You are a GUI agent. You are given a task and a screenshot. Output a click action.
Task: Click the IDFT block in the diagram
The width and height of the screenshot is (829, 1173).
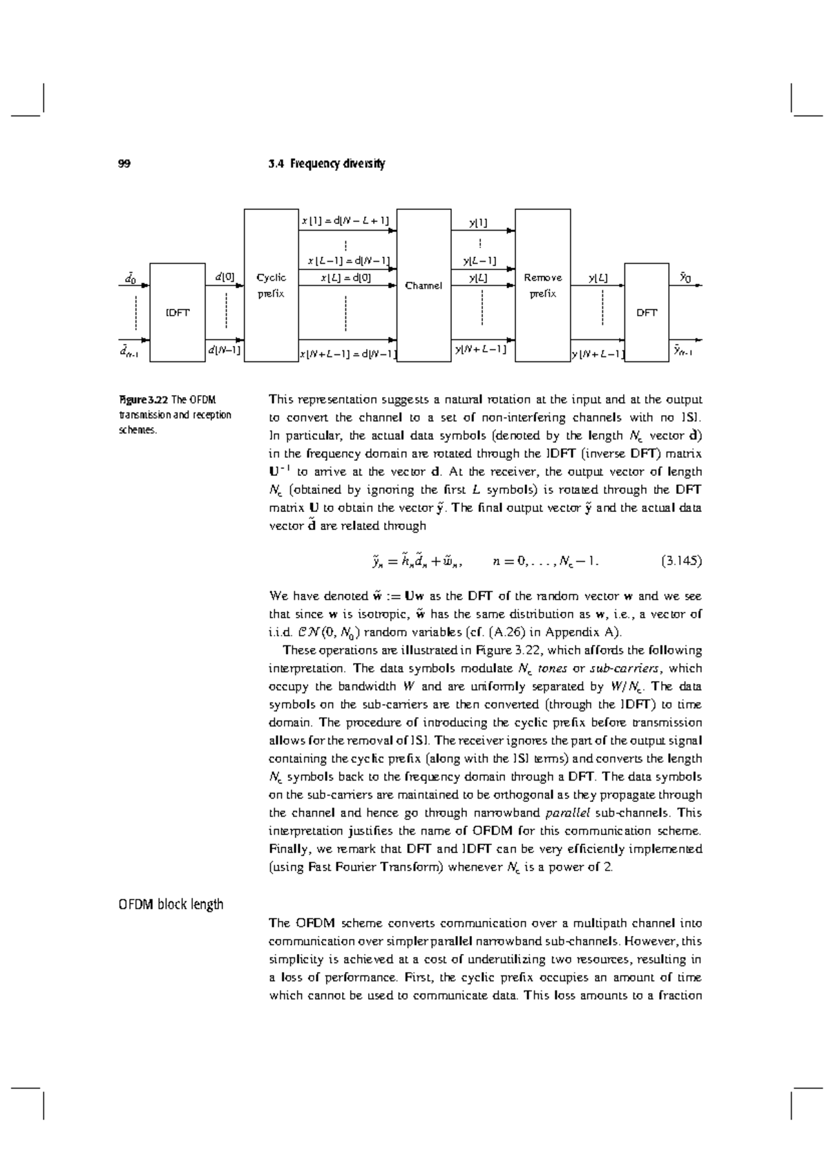[178, 312]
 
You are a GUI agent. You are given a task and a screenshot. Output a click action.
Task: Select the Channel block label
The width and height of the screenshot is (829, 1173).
[423, 285]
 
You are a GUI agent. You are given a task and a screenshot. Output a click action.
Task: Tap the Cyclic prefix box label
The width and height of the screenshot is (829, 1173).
[271, 285]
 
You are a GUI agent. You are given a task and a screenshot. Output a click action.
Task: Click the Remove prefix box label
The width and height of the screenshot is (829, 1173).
[543, 285]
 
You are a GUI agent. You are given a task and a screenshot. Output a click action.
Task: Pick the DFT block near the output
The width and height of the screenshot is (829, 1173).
[647, 312]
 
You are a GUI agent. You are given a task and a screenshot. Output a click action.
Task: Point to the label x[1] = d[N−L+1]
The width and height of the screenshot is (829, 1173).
[345, 221]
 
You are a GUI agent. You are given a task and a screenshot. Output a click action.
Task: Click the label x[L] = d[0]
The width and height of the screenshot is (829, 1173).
[346, 278]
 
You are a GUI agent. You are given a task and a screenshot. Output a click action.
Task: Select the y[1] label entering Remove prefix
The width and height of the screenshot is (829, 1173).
[478, 222]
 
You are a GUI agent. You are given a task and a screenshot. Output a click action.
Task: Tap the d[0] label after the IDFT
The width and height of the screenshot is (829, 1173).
[225, 277]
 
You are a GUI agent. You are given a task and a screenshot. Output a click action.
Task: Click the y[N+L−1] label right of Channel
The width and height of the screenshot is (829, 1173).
[480, 350]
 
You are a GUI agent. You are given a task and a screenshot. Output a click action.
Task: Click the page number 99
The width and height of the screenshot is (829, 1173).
[124, 164]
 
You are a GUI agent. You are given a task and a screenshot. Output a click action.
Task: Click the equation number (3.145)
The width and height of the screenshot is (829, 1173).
[681, 561]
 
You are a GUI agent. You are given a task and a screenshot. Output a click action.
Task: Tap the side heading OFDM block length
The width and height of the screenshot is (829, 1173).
[171, 904]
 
